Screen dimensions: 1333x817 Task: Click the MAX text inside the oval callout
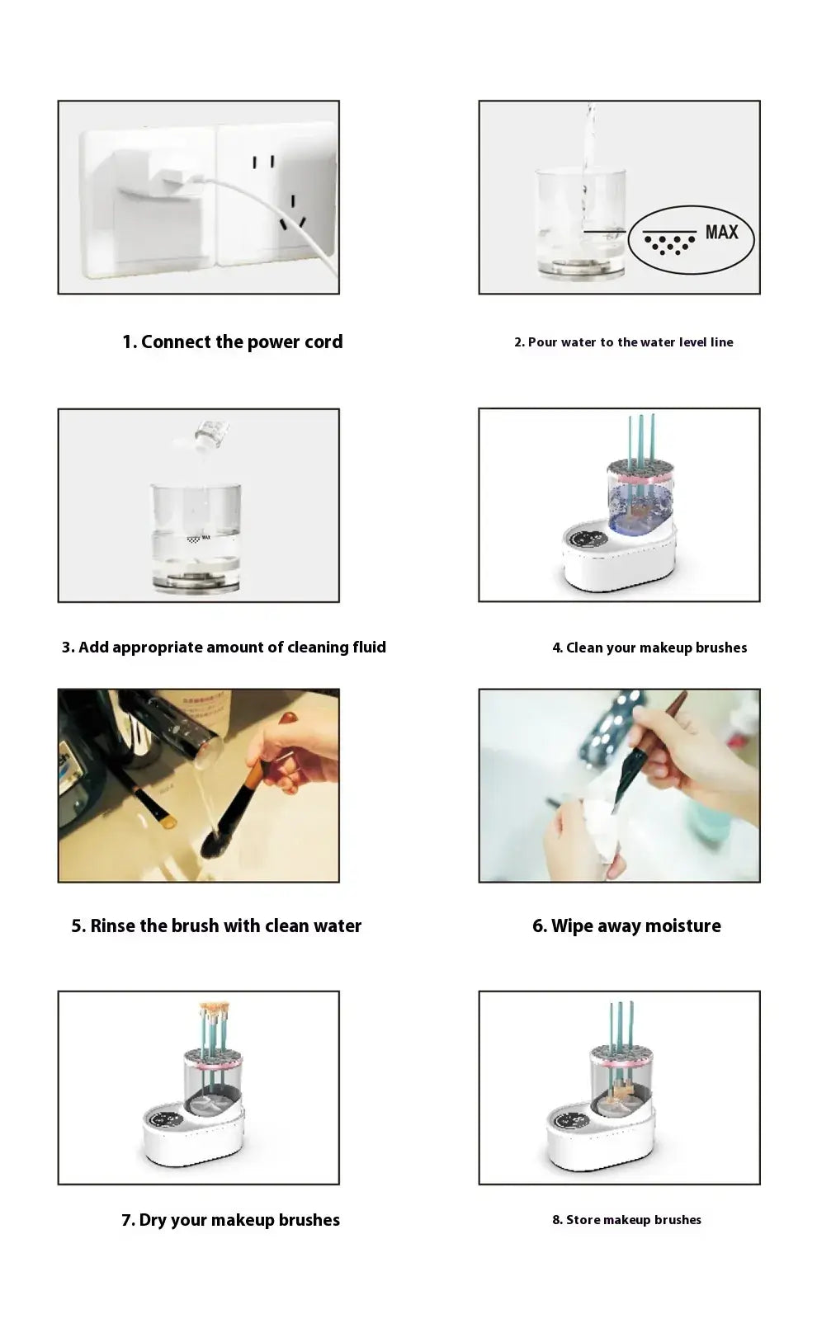click(721, 233)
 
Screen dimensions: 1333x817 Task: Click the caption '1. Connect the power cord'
click(232, 341)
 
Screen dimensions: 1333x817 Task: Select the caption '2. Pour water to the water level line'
click(623, 342)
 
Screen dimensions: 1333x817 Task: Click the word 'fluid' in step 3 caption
click(369, 648)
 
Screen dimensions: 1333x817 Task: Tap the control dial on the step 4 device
click(588, 539)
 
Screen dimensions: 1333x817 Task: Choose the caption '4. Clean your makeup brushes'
click(649, 648)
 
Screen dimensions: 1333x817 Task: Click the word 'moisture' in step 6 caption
click(682, 926)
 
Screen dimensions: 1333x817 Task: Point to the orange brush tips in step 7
click(214, 1010)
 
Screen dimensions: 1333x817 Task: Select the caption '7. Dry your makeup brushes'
click(230, 1220)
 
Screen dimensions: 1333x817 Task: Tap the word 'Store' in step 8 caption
click(583, 1220)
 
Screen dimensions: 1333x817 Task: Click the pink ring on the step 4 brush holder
click(640, 478)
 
